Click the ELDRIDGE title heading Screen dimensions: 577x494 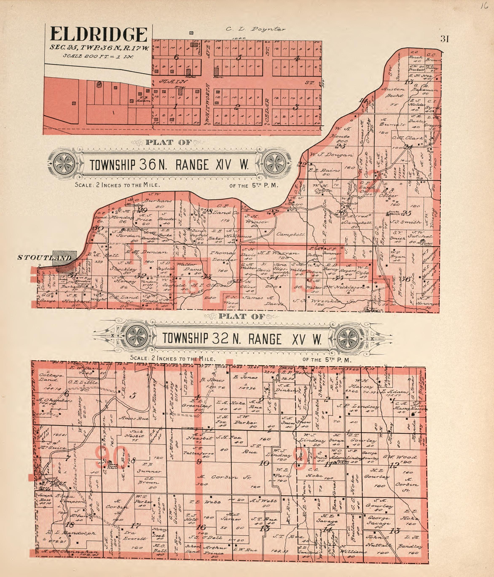point(99,35)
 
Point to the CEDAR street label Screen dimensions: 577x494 point(268,110)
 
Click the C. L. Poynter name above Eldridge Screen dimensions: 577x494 point(255,29)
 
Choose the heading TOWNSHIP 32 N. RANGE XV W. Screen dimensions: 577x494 point(242,339)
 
